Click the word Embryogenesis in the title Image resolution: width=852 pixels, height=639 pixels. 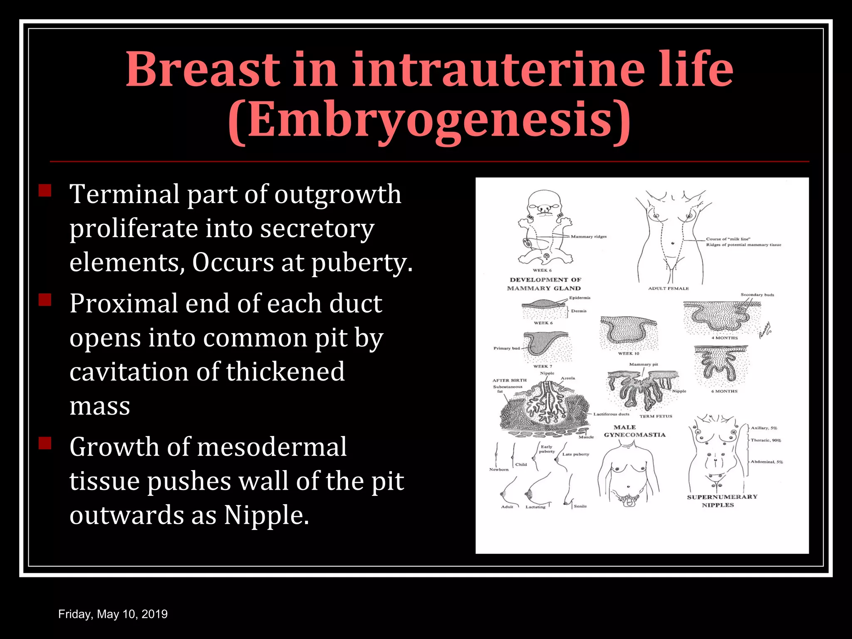pyautogui.click(x=429, y=121)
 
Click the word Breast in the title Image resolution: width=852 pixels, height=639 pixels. pyautogui.click(x=203, y=69)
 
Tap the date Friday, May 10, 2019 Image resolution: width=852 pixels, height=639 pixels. pyautogui.click(x=113, y=614)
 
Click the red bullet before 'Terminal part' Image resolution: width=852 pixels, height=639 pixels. pyautogui.click(x=45, y=191)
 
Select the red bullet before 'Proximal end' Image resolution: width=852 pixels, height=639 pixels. pyautogui.click(x=45, y=300)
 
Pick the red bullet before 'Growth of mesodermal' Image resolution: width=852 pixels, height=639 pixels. pyautogui.click(x=45, y=443)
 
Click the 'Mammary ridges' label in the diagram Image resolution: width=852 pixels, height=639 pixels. pyautogui.click(x=588, y=237)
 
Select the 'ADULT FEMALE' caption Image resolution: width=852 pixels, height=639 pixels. pyautogui.click(x=668, y=288)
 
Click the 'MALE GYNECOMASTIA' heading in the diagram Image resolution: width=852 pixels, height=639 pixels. pyautogui.click(x=634, y=431)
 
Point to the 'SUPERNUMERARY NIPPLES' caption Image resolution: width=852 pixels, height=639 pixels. pyautogui.click(x=722, y=501)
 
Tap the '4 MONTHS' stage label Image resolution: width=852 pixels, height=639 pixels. pyautogui.click(x=724, y=338)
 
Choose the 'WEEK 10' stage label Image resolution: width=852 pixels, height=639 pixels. pyautogui.click(x=628, y=354)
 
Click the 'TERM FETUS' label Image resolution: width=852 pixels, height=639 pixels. pyautogui.click(x=656, y=416)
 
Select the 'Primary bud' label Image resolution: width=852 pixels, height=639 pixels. pyautogui.click(x=506, y=348)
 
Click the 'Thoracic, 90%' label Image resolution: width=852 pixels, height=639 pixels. pyautogui.click(x=765, y=440)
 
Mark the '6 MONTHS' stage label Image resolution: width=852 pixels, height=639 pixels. pyautogui.click(x=724, y=391)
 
